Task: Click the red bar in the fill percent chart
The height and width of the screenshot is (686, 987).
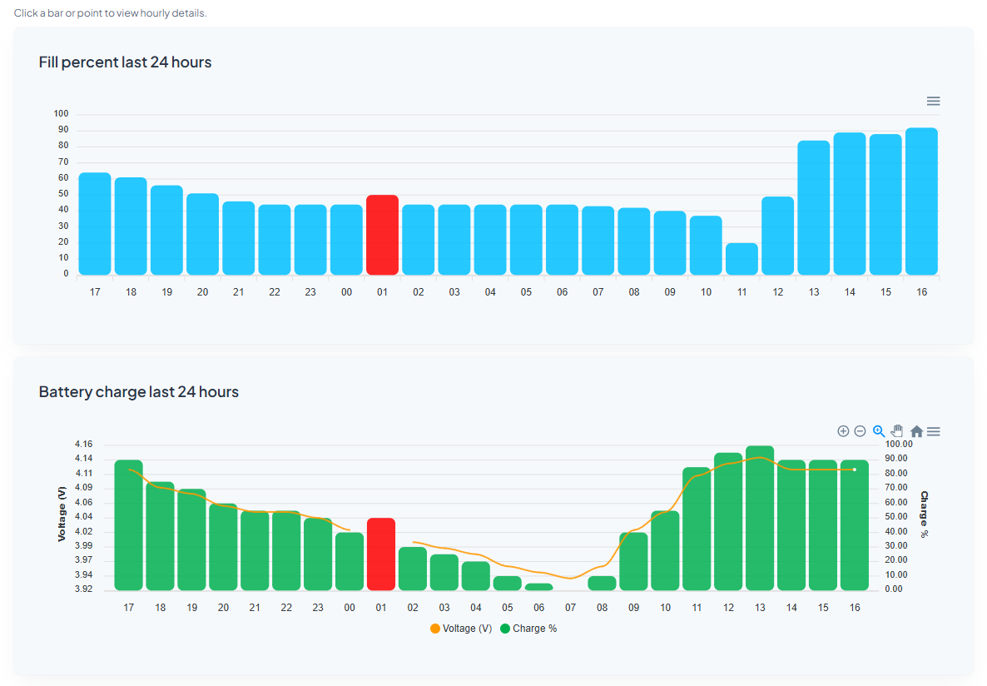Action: (382, 235)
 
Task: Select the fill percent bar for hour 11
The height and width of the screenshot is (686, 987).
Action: (741, 259)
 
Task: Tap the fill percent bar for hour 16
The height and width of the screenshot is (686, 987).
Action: (921, 201)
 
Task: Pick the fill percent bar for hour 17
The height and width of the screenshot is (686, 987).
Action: (95, 224)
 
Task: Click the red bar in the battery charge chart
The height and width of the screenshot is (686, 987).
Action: (381, 554)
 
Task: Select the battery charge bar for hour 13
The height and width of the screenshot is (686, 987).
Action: (760, 518)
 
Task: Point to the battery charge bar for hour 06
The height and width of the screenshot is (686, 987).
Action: (539, 587)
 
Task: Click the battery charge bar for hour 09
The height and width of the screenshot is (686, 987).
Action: (633, 561)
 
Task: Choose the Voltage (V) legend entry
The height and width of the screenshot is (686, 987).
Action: (461, 629)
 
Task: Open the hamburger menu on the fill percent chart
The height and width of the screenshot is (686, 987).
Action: (933, 101)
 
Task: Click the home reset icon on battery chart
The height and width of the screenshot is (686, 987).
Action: (916, 431)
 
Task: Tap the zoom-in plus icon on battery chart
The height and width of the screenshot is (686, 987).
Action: (843, 431)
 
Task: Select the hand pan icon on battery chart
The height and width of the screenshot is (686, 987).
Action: (897, 431)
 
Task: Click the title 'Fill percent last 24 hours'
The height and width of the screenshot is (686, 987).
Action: (125, 62)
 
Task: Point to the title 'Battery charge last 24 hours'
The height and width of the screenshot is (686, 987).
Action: (138, 392)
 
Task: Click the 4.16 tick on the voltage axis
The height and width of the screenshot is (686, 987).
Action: (83, 445)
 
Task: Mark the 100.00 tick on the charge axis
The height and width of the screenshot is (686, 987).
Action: (899, 445)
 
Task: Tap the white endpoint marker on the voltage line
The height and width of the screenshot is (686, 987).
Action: (855, 470)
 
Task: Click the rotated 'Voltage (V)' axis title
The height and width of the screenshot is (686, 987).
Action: (62, 514)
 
